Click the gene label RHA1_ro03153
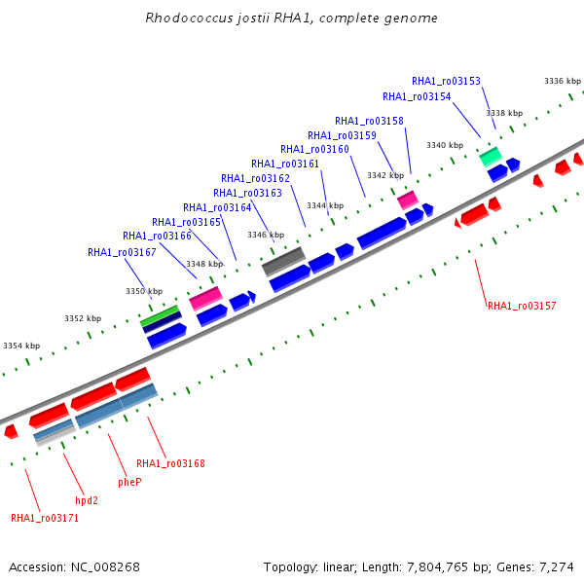(x=446, y=82)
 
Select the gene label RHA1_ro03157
(x=522, y=306)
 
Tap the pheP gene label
(x=129, y=482)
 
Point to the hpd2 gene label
(x=87, y=500)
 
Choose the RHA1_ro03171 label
(x=45, y=518)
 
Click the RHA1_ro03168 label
(x=170, y=463)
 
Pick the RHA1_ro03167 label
(x=122, y=252)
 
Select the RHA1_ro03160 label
(x=314, y=149)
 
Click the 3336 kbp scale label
(x=562, y=82)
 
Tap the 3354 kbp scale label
(x=21, y=346)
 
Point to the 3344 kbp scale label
(x=325, y=205)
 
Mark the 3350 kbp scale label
(x=144, y=291)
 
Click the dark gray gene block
(x=284, y=260)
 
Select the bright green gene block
(x=160, y=315)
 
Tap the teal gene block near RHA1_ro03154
(x=491, y=156)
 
